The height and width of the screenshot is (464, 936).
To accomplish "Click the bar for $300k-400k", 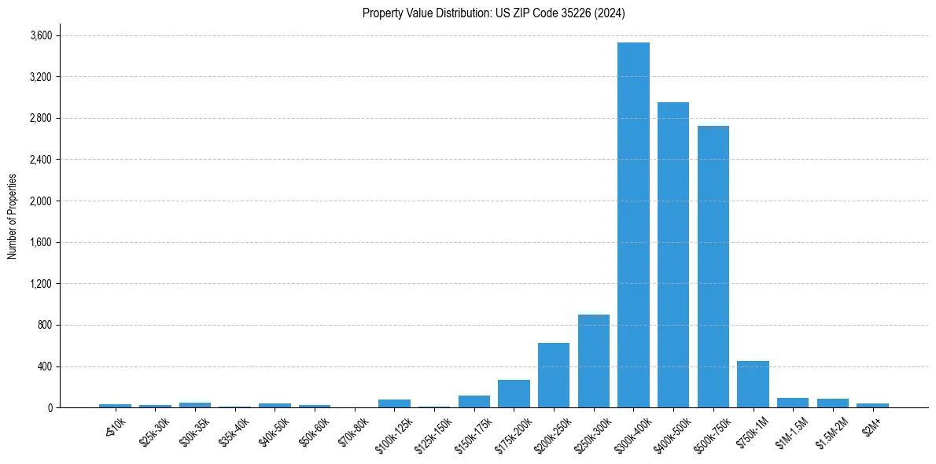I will [x=633, y=225].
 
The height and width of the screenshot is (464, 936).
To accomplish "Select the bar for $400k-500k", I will [x=673, y=255].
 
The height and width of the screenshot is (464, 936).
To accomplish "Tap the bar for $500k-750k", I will [x=713, y=267].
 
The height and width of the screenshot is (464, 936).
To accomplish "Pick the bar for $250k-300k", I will [x=594, y=361].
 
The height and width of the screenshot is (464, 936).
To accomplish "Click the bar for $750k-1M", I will [x=753, y=385].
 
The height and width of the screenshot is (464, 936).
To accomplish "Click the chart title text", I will [x=494, y=13].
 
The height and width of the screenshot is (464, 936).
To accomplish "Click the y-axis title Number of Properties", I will [x=13, y=215].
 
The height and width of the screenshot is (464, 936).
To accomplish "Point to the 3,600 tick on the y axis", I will [x=41, y=35].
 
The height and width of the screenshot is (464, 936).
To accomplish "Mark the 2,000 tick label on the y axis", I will [x=41, y=201].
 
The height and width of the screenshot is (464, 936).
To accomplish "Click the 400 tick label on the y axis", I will [x=44, y=366].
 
